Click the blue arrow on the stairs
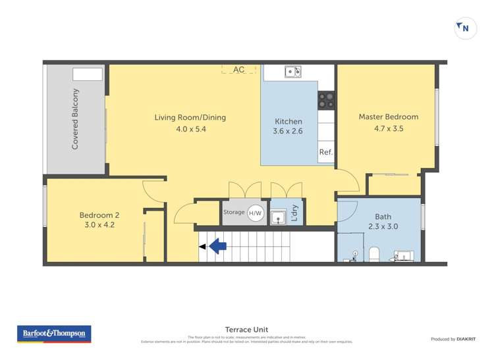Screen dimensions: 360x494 (218, 247)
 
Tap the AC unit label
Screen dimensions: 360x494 (238, 69)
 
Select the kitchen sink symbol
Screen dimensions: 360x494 (292, 72)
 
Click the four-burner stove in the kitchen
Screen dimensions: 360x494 (326, 99)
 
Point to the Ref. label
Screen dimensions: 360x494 (325, 152)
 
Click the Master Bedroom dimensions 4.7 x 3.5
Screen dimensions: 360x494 (388, 129)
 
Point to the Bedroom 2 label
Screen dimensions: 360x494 (99, 215)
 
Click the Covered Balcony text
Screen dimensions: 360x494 (75, 119)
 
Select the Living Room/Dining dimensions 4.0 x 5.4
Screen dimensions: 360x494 (190, 130)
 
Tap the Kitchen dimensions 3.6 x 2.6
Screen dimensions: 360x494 (288, 132)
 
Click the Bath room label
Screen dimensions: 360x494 (383, 216)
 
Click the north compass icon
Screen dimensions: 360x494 (465, 28)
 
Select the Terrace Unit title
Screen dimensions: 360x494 (246, 330)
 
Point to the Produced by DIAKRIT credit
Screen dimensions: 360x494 (453, 339)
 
